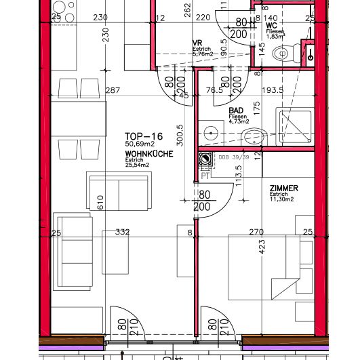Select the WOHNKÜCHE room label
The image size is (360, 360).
148,155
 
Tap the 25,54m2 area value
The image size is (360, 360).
139,167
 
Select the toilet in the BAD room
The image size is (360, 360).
252,136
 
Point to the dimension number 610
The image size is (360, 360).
100,201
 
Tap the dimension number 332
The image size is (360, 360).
122,233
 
